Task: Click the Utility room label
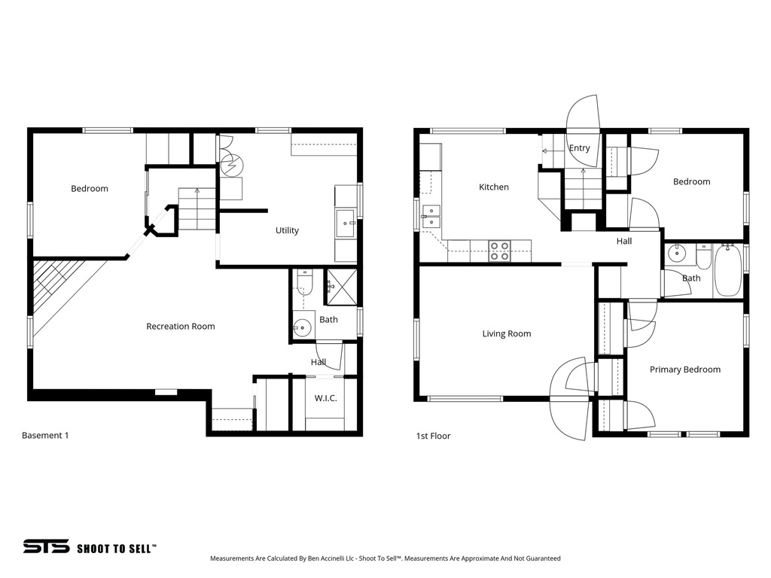pyautogui.click(x=287, y=230)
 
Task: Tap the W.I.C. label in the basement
pyautogui.click(x=325, y=398)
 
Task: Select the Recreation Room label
pyautogui.click(x=180, y=326)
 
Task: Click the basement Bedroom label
pyautogui.click(x=90, y=188)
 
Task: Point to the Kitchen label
pyautogui.click(x=494, y=187)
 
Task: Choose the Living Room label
pyautogui.click(x=506, y=333)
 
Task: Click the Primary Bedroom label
pyautogui.click(x=684, y=370)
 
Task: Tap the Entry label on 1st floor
pyautogui.click(x=579, y=148)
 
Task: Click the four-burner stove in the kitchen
pyautogui.click(x=499, y=251)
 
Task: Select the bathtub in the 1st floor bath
pyautogui.click(x=727, y=270)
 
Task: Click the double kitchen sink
pyautogui.click(x=431, y=216)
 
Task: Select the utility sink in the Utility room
pyautogui.click(x=346, y=224)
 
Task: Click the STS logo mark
pyautogui.click(x=46, y=547)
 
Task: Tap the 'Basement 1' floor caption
pyautogui.click(x=45, y=435)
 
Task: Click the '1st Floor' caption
pyautogui.click(x=433, y=436)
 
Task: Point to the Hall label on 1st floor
pyautogui.click(x=624, y=242)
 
